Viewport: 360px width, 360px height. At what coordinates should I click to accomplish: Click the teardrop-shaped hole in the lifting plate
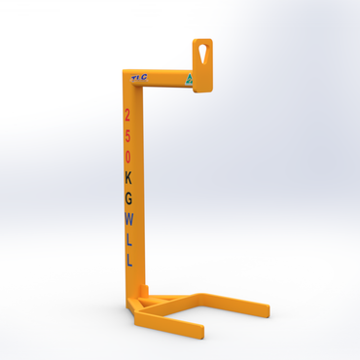click(x=201, y=50)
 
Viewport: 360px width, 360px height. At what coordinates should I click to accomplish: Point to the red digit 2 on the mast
click(x=127, y=115)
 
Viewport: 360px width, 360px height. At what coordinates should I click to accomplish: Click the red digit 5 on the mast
click(x=127, y=135)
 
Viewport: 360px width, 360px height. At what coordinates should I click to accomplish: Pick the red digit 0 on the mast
click(x=127, y=156)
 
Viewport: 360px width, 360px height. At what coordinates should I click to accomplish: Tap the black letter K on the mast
click(x=128, y=177)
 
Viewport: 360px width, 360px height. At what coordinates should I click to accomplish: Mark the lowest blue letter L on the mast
click(x=128, y=260)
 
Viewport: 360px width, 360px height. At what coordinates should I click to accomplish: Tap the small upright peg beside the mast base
click(x=145, y=291)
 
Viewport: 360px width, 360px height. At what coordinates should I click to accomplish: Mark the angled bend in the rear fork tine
click(x=201, y=294)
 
